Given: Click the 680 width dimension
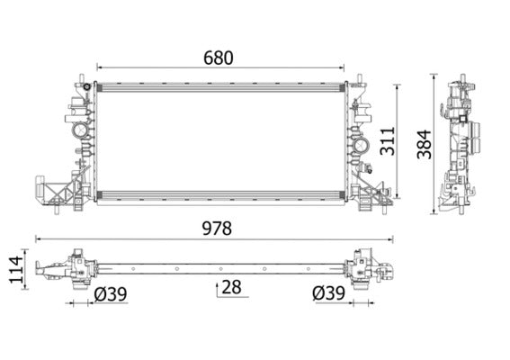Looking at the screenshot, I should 219,58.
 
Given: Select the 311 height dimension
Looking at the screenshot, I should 387,141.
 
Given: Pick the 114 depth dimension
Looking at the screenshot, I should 15,267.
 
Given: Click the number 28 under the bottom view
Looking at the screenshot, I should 231,288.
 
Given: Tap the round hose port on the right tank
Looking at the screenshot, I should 360,145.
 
